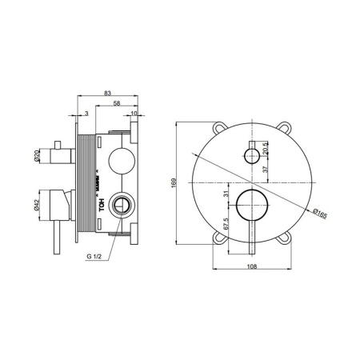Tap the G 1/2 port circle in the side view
click(122, 205)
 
